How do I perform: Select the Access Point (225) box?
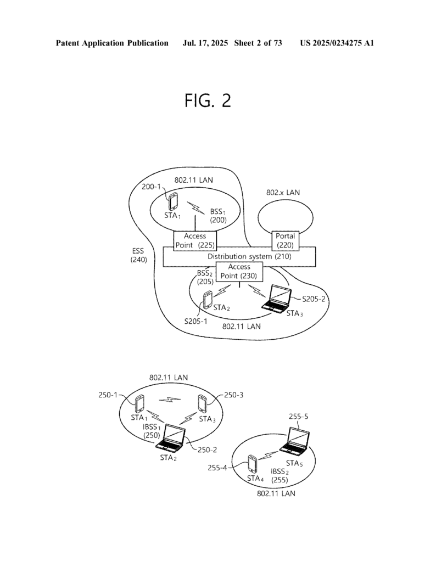(194, 240)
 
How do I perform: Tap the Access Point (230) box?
(239, 271)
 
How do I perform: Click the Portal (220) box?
(286, 240)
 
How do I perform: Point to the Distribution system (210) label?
(249, 256)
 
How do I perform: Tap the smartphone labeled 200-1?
(173, 201)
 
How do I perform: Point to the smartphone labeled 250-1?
(139, 404)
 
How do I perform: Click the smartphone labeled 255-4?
(253, 465)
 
